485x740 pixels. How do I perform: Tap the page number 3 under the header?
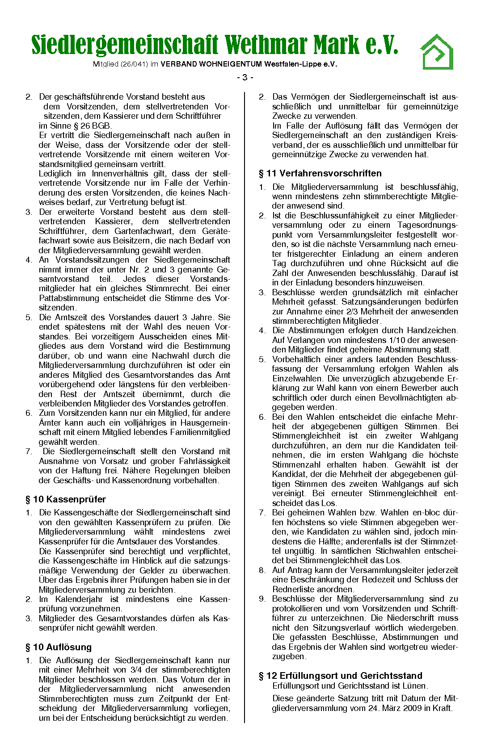point(245,78)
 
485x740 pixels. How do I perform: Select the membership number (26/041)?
point(133,64)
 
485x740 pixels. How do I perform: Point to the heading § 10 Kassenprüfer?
point(66,499)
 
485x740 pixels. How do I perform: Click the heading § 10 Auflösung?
point(59,647)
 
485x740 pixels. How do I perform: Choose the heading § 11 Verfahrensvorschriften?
point(320,173)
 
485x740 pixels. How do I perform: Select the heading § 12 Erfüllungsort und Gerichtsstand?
point(340,676)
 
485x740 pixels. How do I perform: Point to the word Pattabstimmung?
point(69,298)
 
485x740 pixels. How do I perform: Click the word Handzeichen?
point(432,330)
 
